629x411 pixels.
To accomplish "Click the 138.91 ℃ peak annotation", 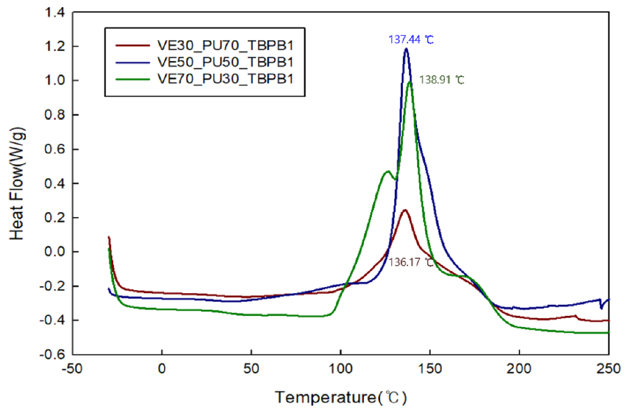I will tap(441, 79).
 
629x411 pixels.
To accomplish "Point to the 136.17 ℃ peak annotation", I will tap(411, 262).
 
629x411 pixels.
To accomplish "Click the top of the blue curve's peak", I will tap(406, 50).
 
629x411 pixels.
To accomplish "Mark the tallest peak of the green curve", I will tap(410, 82).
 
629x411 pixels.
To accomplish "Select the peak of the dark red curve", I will tap(404, 210).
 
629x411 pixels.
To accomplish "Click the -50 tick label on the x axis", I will tap(73, 369).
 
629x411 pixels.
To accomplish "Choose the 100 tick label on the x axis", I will tap(340, 369).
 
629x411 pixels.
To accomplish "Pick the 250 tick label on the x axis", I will tap(608, 369).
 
